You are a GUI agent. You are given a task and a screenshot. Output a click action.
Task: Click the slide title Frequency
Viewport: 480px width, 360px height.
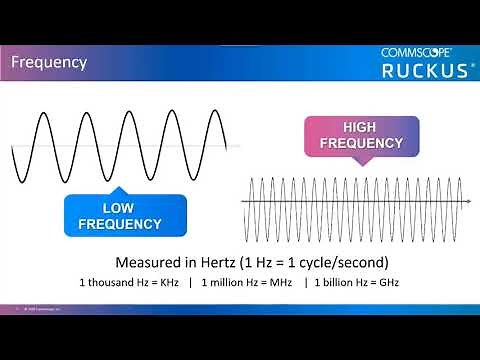(48, 62)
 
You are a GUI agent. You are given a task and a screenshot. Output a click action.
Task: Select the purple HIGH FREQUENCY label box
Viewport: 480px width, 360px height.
(359, 135)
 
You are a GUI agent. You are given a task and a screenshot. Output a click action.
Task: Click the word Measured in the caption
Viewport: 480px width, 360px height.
(147, 263)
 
